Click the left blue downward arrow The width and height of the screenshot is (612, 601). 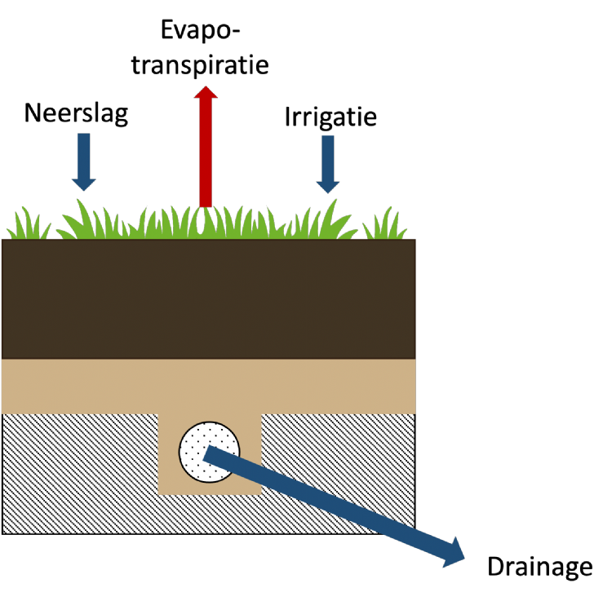pos(83,159)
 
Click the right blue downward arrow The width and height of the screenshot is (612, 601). pos(327,161)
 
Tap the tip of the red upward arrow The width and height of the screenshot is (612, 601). pos(206,88)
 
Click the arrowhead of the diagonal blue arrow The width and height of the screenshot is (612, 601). pos(455,554)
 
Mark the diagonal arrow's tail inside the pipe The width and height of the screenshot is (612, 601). pos(211,453)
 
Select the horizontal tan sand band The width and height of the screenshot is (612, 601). pos(208,386)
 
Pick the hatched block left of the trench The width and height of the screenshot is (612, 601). pos(80,473)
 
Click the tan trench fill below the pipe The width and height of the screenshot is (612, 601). pos(210,488)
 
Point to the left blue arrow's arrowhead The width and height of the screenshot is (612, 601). pos(83,184)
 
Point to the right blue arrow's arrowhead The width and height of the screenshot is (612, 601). pos(327,187)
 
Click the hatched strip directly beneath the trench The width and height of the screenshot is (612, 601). pos(210,514)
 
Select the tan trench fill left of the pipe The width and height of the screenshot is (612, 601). pos(168,453)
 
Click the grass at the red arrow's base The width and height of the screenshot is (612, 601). pos(206,222)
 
